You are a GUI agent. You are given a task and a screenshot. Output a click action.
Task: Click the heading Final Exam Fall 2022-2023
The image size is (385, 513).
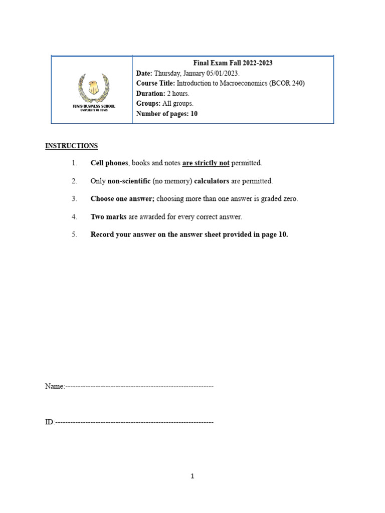[x=233, y=63]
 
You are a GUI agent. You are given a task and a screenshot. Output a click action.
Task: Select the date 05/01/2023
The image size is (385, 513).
[x=221, y=73]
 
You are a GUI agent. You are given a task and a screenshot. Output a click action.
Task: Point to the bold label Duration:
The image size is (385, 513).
[x=150, y=94]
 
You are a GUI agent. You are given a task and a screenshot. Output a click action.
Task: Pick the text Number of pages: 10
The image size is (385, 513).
[x=167, y=114]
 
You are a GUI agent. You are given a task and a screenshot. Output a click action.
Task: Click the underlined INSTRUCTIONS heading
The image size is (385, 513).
[x=72, y=146]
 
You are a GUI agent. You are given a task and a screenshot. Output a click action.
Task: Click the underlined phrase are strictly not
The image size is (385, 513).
[x=206, y=163]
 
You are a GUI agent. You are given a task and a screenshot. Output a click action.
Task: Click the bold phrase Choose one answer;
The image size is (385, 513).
[x=122, y=199]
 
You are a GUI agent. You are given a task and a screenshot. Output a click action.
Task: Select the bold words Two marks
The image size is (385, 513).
[x=108, y=217]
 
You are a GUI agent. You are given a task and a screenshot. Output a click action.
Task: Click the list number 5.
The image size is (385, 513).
[x=74, y=235]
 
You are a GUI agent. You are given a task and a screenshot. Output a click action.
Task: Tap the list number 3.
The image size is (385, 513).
[x=74, y=199]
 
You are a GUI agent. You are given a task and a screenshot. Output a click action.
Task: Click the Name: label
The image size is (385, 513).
[x=55, y=387]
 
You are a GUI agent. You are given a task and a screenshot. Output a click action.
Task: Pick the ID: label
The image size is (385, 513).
[x=49, y=422]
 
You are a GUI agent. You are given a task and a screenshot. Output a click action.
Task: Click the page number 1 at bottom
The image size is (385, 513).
[x=192, y=476]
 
